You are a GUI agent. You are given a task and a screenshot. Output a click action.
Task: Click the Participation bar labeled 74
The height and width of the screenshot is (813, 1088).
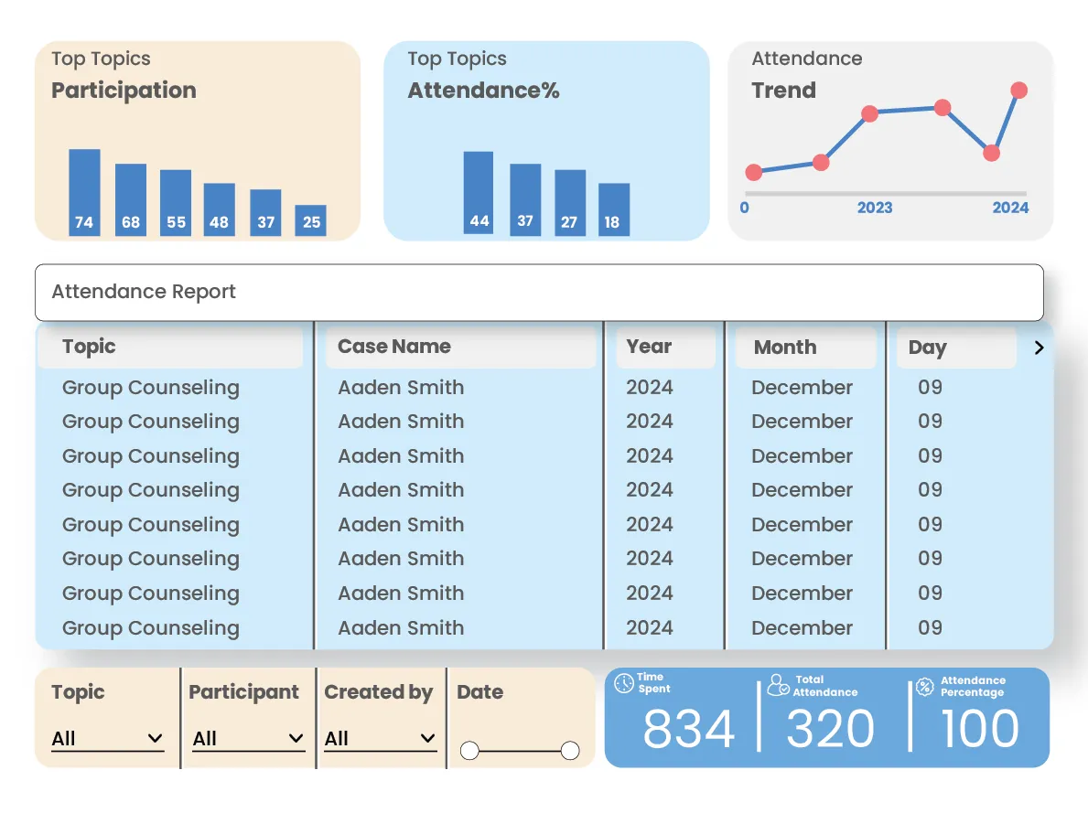click(84, 192)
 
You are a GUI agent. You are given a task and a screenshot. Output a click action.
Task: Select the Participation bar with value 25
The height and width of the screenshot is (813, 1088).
click(311, 220)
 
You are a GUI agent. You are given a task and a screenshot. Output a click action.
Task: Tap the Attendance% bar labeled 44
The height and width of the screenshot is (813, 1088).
click(479, 193)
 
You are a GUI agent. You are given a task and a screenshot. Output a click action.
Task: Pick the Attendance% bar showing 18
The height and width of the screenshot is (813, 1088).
click(613, 209)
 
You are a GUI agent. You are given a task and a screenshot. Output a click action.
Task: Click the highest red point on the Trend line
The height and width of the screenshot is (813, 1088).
click(1018, 90)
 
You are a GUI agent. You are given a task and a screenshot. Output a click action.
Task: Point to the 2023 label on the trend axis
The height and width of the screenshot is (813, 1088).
click(874, 208)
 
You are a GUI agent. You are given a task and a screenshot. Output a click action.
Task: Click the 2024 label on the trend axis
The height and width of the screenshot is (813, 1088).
click(1010, 208)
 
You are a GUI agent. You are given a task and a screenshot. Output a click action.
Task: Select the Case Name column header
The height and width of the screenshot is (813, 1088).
click(394, 347)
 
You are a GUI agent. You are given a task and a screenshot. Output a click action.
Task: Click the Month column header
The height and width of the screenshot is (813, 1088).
click(785, 348)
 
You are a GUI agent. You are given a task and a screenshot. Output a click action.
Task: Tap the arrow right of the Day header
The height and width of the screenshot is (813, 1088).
click(1039, 348)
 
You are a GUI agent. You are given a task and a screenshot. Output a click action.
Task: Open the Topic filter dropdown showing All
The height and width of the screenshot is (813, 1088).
click(107, 739)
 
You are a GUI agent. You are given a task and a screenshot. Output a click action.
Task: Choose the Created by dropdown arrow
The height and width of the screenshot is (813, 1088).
click(427, 739)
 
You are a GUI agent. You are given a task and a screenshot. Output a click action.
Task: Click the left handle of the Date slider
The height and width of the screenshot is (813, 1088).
click(469, 751)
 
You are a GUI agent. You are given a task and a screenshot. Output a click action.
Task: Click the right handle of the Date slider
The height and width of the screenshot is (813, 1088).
click(570, 751)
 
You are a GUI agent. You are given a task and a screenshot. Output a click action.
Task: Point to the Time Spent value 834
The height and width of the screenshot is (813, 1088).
click(688, 730)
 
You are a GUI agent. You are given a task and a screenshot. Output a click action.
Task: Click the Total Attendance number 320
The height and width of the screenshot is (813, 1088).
click(830, 730)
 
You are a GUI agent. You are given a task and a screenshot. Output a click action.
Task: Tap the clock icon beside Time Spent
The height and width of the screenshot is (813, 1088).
click(624, 683)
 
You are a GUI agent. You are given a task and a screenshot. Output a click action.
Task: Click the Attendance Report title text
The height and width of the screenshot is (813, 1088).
click(144, 292)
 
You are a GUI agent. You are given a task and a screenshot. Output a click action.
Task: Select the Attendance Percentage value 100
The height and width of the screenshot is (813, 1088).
click(979, 730)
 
